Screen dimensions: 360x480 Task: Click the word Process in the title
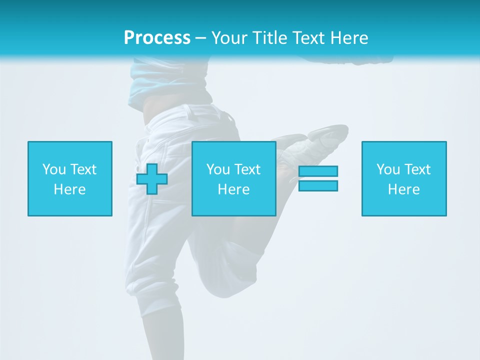click(157, 38)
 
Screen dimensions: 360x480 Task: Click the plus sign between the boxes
click(152, 179)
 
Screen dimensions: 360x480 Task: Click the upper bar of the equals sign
click(318, 171)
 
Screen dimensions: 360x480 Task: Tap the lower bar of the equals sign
click(318, 186)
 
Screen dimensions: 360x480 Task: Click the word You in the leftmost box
click(53, 169)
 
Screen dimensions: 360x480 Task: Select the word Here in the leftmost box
click(69, 189)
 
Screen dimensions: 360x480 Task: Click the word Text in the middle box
click(247, 169)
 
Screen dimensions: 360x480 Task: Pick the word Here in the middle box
click(233, 189)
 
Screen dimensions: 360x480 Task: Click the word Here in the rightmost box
click(403, 189)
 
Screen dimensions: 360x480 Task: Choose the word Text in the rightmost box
click(417, 169)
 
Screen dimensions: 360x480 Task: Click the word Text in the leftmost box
click(83, 169)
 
